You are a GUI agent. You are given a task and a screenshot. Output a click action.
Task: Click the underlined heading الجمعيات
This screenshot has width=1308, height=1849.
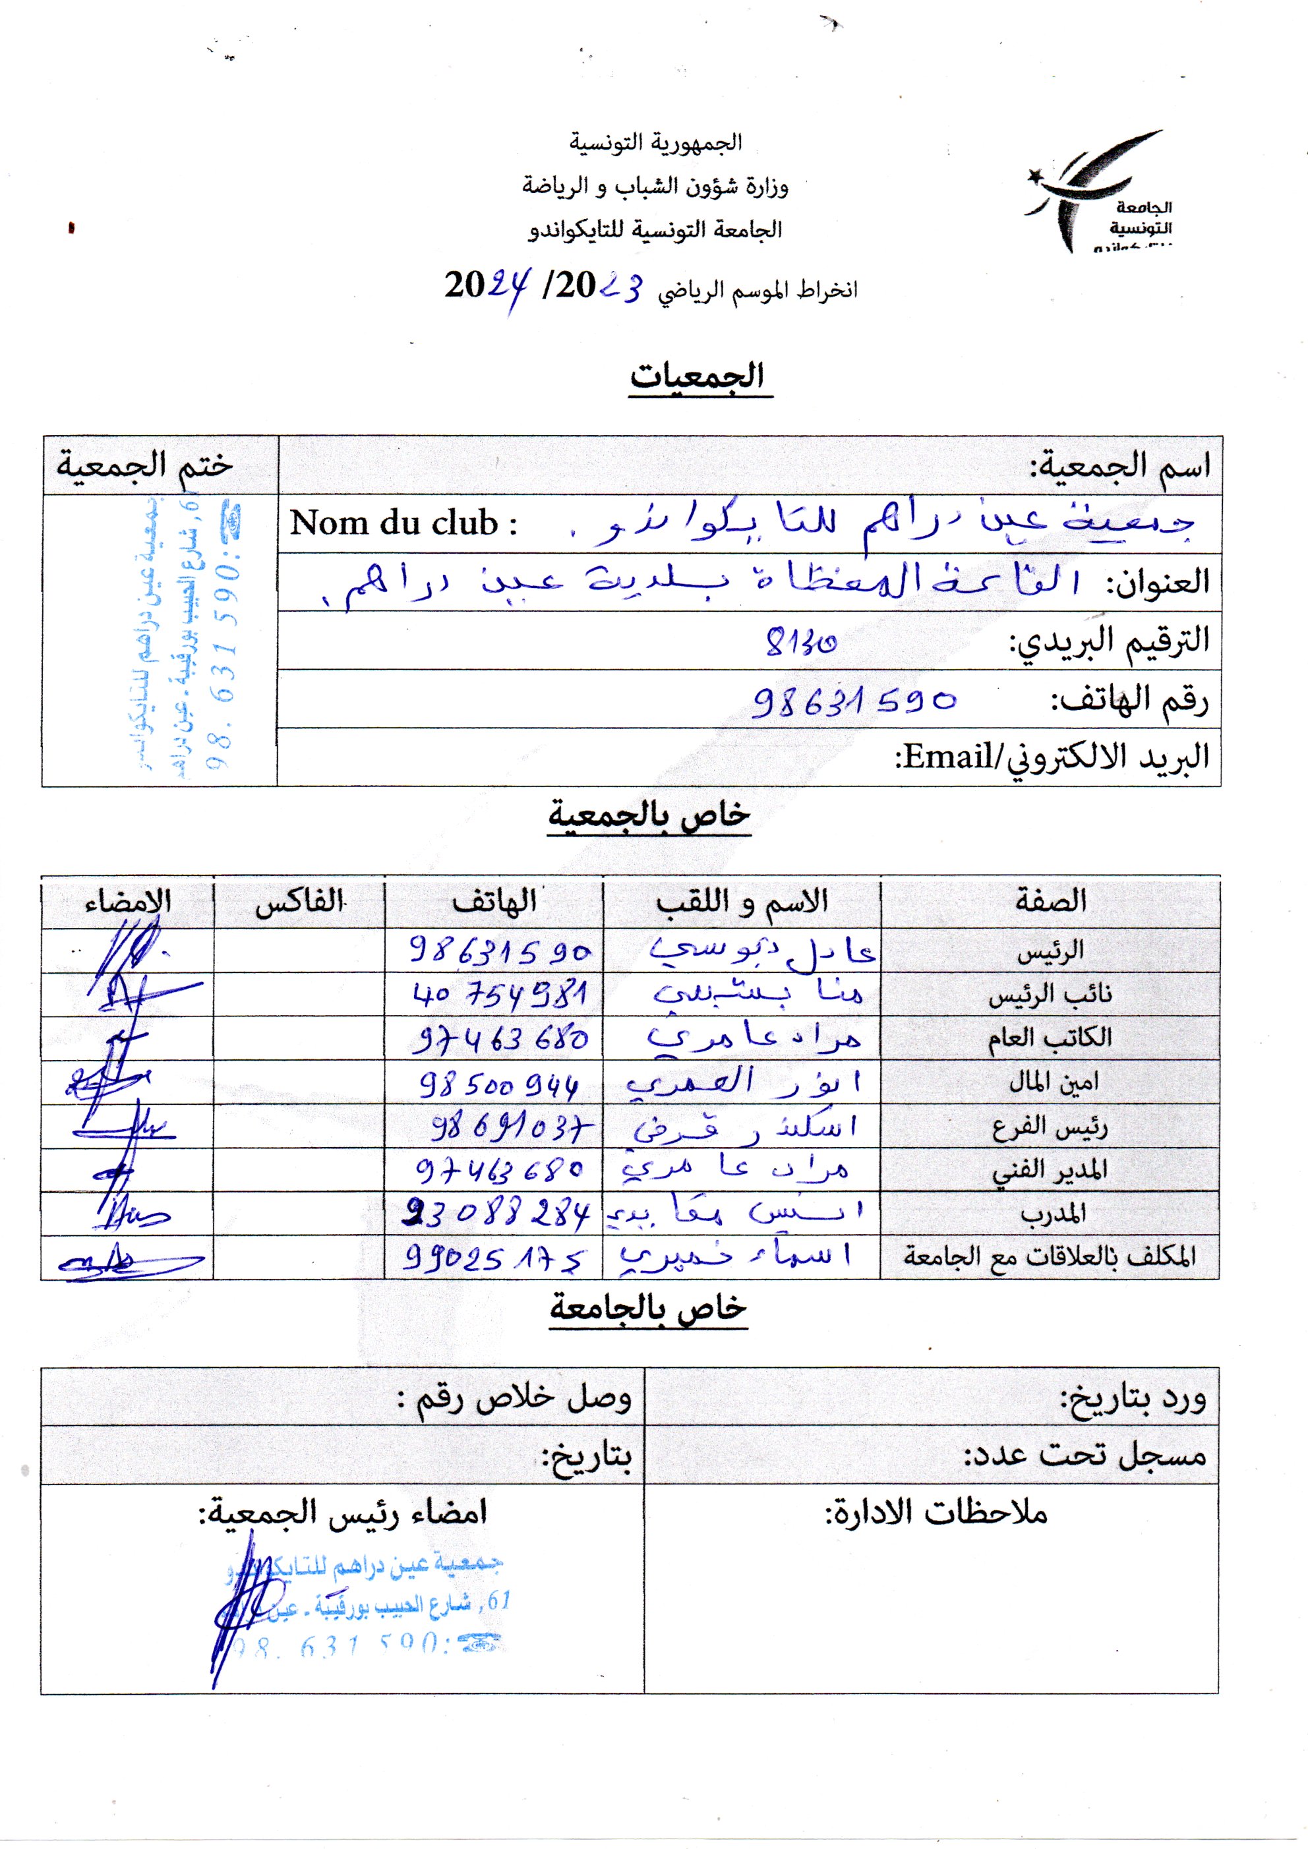[x=698, y=377]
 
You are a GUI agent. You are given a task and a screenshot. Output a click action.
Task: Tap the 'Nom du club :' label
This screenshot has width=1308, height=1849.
[x=403, y=523]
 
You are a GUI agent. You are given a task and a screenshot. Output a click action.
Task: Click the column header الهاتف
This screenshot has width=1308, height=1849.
[x=494, y=901]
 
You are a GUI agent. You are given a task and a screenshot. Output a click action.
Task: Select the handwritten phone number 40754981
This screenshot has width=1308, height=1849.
[x=499, y=995]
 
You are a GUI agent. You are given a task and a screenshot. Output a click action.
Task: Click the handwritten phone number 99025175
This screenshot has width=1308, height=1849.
[x=495, y=1257]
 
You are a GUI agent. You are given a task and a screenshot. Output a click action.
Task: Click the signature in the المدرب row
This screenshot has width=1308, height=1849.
[x=129, y=1213]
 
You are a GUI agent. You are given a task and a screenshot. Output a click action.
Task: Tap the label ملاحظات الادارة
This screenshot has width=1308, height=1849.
[x=935, y=1512]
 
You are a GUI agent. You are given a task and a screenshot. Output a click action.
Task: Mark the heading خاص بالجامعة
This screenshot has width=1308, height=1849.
[x=648, y=1308]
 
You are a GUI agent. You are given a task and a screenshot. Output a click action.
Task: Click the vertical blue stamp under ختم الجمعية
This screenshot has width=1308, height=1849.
[x=189, y=636]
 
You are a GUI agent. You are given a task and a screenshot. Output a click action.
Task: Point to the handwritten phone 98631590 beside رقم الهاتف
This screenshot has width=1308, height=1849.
[x=854, y=701]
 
